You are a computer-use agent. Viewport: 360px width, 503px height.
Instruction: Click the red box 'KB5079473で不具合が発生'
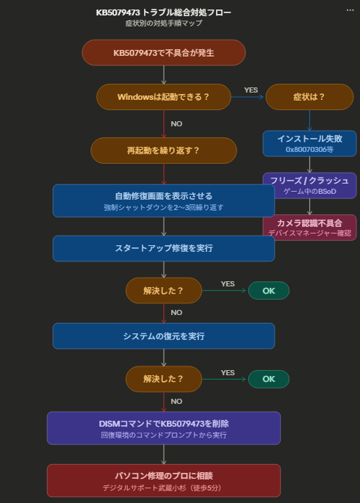(x=163, y=53)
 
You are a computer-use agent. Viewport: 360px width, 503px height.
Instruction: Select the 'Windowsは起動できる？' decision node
(x=163, y=96)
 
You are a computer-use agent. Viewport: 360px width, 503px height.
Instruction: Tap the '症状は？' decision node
(x=309, y=96)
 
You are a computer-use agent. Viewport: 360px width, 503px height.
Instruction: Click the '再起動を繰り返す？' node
(x=163, y=151)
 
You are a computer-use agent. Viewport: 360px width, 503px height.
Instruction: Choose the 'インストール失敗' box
(x=309, y=143)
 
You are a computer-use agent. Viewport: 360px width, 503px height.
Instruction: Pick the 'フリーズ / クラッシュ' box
(x=309, y=185)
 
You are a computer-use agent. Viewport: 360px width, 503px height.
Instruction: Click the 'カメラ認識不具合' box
(x=309, y=227)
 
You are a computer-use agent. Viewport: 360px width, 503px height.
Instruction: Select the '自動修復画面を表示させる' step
(x=163, y=200)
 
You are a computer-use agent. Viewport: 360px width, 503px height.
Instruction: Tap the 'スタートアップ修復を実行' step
(x=163, y=248)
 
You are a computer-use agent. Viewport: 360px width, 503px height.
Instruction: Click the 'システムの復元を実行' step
(x=163, y=336)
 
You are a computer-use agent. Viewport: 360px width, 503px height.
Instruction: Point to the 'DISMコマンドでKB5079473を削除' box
(x=163, y=428)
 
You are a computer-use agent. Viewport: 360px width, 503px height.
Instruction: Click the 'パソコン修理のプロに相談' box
(x=163, y=480)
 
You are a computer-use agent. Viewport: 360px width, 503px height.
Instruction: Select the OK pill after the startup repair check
(x=268, y=291)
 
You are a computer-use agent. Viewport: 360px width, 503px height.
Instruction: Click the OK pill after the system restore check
(x=268, y=379)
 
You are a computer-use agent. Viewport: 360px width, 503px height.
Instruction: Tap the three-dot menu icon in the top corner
(x=350, y=10)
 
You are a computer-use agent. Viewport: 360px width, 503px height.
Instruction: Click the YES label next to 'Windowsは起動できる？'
(x=251, y=90)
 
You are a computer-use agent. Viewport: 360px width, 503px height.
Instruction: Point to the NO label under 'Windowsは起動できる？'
(x=176, y=123)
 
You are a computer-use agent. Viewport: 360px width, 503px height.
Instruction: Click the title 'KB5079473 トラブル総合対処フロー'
(x=163, y=12)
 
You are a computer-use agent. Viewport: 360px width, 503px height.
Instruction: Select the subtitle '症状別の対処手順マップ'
(x=163, y=23)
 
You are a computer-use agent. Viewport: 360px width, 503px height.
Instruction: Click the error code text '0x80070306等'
(x=309, y=149)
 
